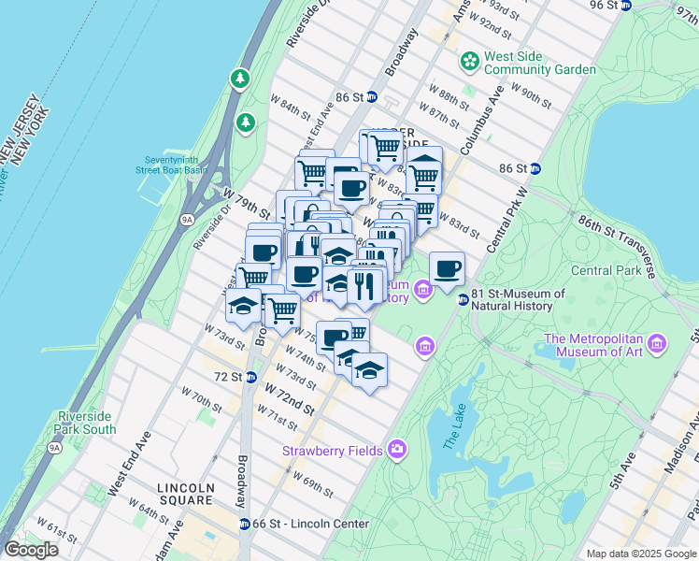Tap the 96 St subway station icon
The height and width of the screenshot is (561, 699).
(x=627, y=6)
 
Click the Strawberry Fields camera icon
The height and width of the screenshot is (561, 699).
(x=396, y=451)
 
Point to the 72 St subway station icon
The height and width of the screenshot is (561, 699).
(x=251, y=377)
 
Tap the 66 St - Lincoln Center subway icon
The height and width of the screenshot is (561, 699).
(x=244, y=524)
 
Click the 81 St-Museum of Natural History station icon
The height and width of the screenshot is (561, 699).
(x=462, y=299)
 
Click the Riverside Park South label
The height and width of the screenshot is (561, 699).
(x=87, y=423)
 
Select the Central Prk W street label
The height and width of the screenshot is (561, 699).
(x=506, y=217)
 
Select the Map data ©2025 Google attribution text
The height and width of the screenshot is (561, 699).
(x=640, y=554)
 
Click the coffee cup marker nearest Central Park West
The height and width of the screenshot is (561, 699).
(x=447, y=268)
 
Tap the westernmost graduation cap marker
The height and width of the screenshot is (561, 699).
(x=243, y=306)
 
